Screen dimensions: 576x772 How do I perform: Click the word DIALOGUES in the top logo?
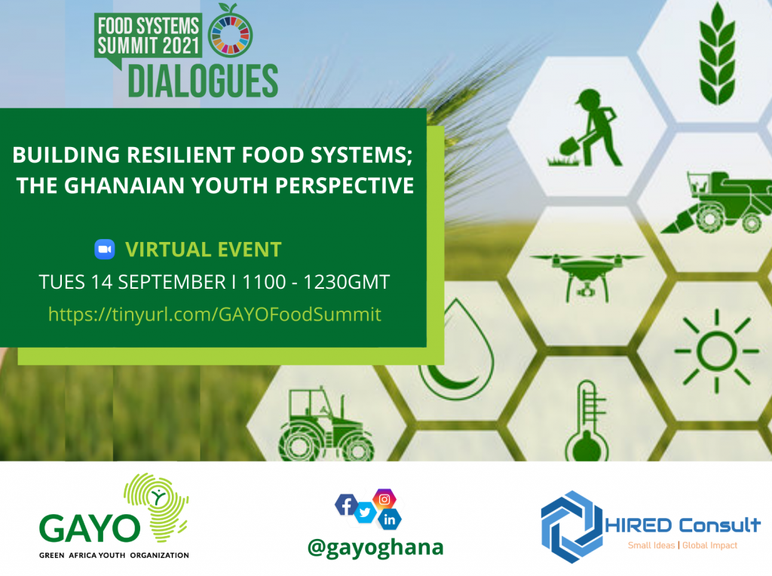tap(202, 81)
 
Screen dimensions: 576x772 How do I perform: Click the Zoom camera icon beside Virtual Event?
tap(104, 250)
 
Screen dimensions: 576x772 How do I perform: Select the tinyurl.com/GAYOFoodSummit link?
tap(215, 314)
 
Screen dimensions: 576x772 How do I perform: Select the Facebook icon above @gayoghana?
tap(346, 505)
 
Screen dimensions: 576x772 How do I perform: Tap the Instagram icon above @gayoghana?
tap(384, 498)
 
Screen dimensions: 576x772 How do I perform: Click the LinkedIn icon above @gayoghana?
tap(389, 519)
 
